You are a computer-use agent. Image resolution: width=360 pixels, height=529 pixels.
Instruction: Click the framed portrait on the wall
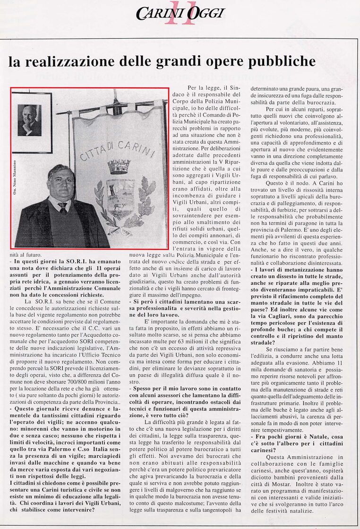point(32,121)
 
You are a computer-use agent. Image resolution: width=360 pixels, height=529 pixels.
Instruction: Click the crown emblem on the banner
point(119,166)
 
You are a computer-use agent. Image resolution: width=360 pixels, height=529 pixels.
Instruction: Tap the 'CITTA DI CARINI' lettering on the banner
point(118,149)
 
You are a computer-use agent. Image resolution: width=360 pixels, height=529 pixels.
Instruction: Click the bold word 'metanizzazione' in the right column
point(301,268)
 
